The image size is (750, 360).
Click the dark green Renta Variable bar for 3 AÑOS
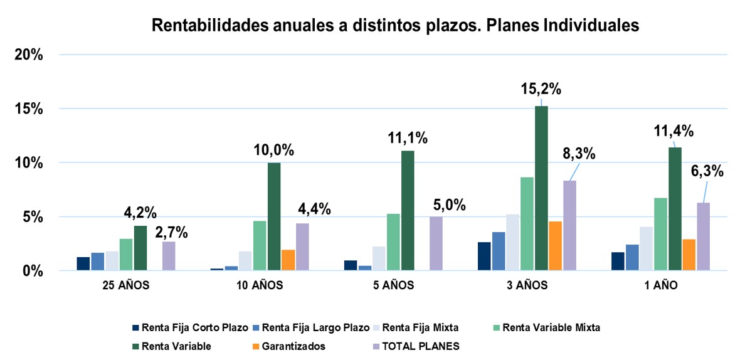(541, 188)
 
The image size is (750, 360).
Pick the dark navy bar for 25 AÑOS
(83, 264)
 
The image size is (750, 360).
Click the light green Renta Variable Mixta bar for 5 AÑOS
(393, 242)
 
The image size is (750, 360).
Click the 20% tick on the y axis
(29, 55)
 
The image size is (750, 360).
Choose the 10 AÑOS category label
(260, 285)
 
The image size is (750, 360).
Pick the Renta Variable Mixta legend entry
(551, 327)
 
